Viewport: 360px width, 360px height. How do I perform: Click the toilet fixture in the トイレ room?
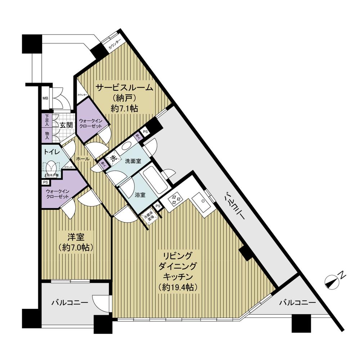(x=50, y=167)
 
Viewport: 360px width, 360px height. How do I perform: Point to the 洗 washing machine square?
(x=113, y=158)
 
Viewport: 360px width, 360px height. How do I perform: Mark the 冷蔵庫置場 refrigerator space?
(x=148, y=217)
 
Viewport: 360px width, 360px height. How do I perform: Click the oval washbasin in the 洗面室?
(x=126, y=146)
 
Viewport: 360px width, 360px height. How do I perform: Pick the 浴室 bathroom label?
(x=140, y=195)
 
